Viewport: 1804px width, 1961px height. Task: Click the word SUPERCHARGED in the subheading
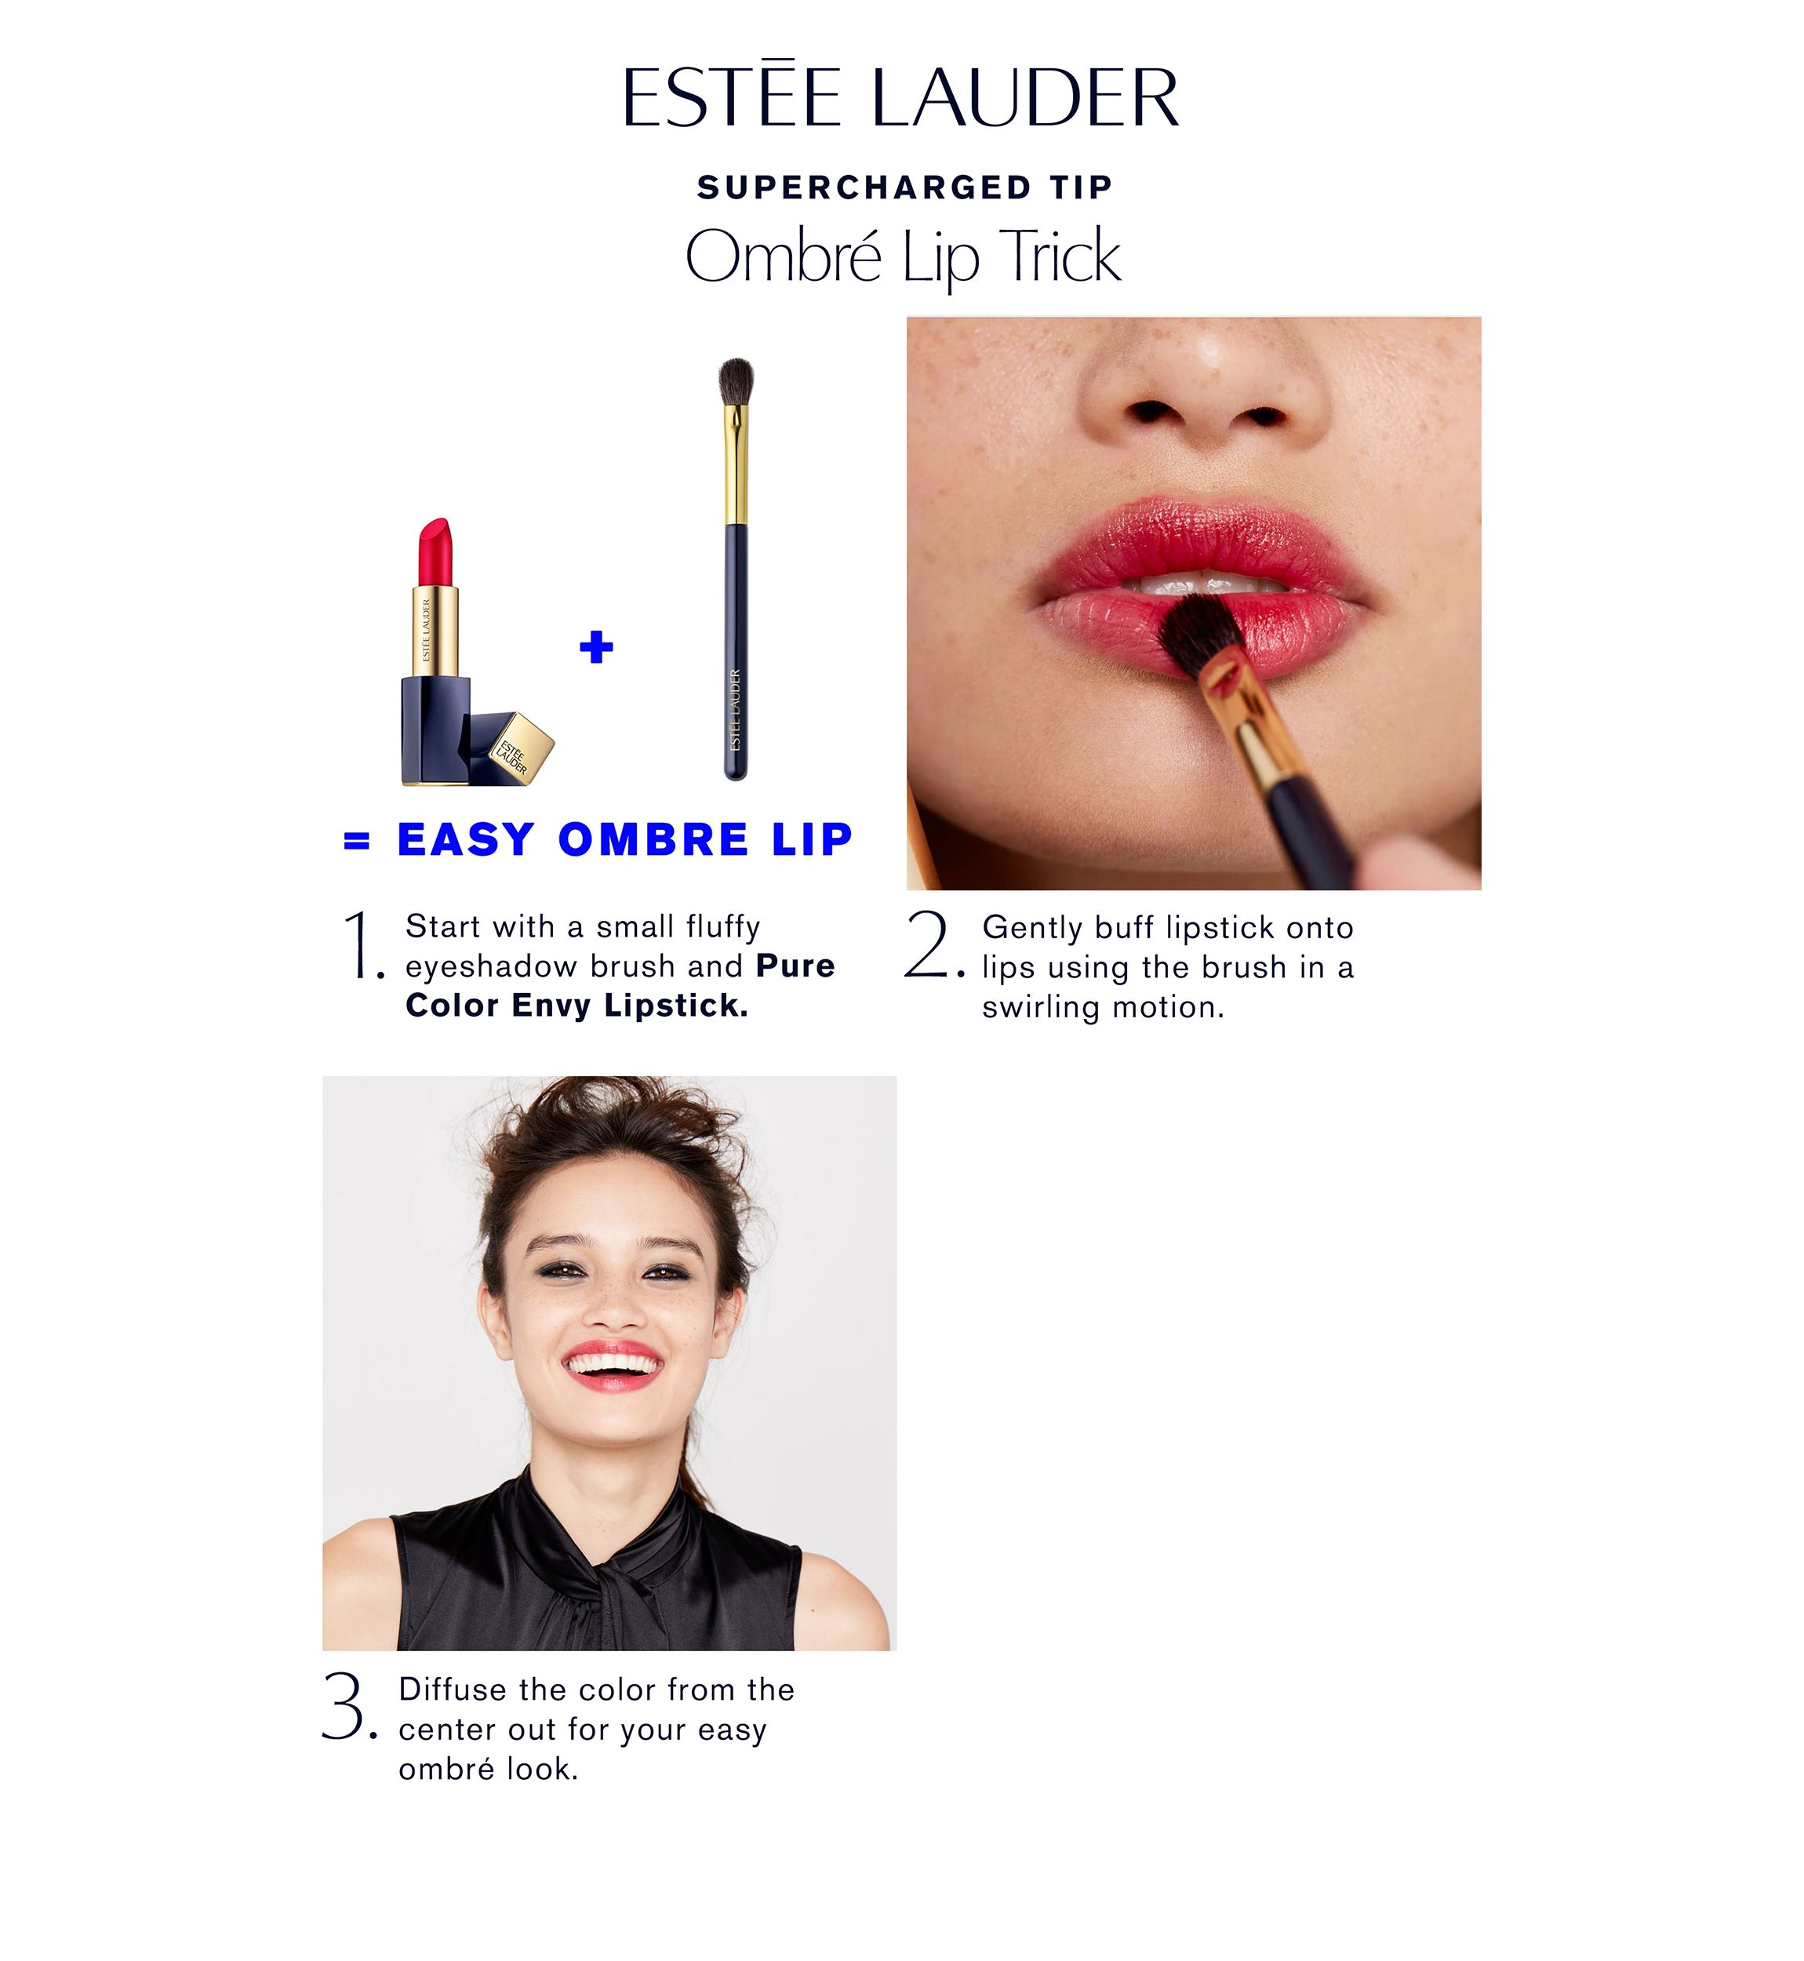[864, 187]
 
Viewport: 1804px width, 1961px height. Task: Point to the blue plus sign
[596, 646]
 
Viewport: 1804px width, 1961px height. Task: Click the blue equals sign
[358, 840]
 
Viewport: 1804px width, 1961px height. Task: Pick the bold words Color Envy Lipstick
[577, 1006]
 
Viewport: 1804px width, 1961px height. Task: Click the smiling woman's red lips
[614, 1363]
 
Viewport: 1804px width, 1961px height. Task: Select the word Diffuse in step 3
[454, 1690]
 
